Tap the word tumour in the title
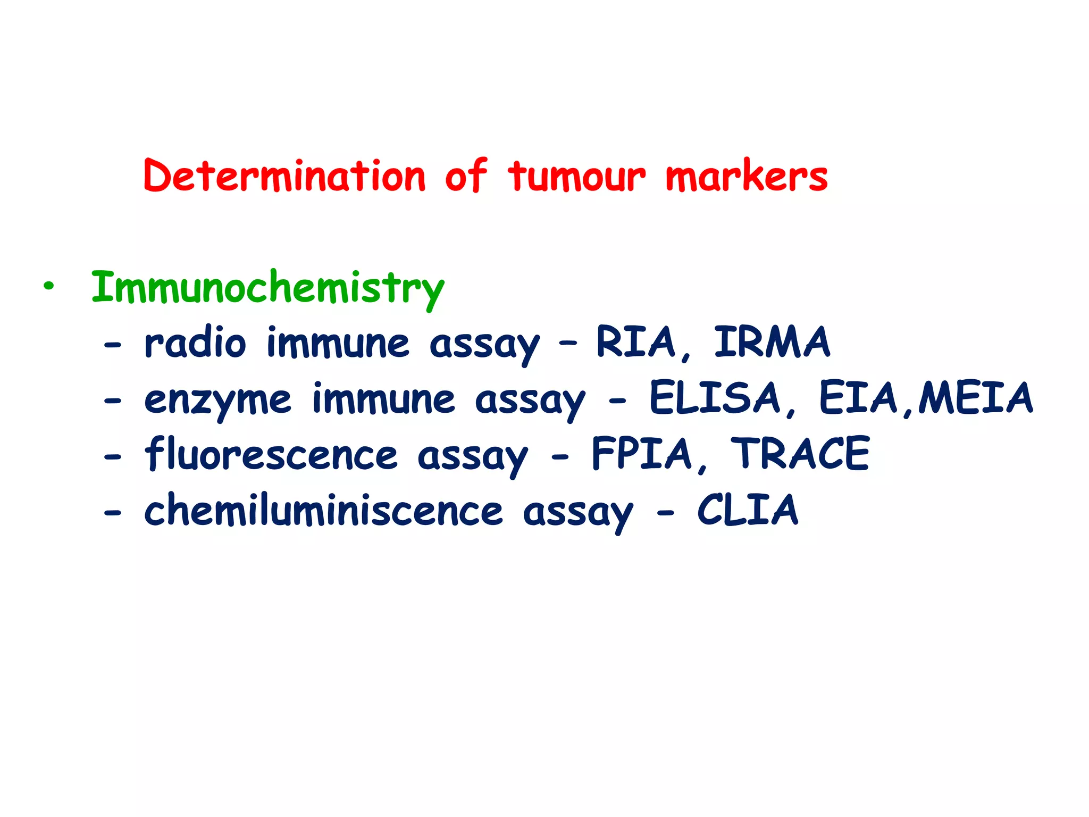(577, 177)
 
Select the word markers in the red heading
(747, 177)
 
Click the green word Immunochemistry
(267, 288)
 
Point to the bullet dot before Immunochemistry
(49, 287)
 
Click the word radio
(195, 343)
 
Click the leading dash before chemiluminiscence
(113, 513)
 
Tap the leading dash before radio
(113, 346)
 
